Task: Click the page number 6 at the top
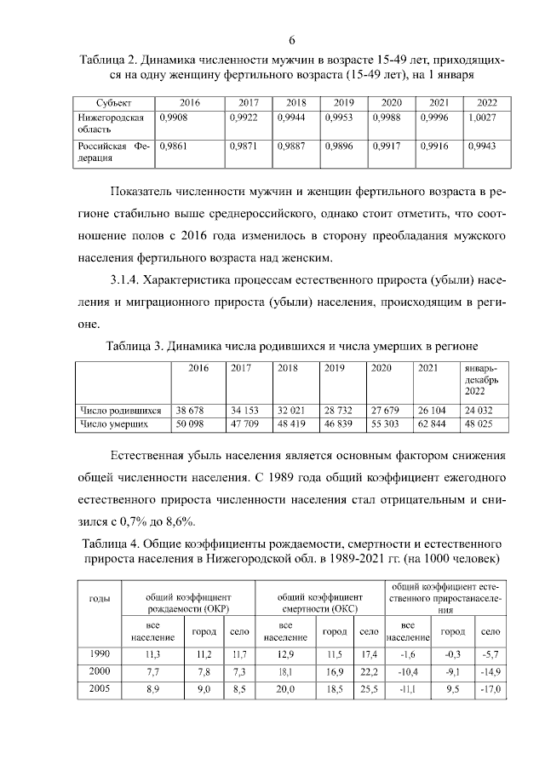click(291, 40)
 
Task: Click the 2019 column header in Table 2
click(343, 102)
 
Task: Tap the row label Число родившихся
click(120, 410)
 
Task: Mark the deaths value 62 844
click(433, 423)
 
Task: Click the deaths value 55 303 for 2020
click(384, 423)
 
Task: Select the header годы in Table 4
click(100, 599)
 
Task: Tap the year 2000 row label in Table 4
click(100, 672)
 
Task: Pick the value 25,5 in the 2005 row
click(368, 689)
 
